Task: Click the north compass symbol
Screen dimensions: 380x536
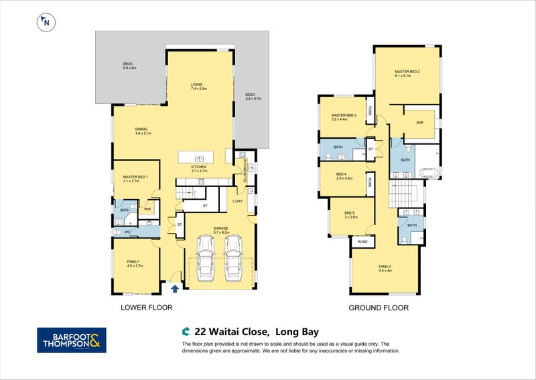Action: pos(46,22)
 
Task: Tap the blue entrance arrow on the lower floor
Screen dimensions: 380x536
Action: pos(175,289)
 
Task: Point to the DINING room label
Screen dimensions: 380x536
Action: pos(141,131)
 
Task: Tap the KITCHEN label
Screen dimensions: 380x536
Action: pos(200,168)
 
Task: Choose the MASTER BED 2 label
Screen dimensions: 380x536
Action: pos(407,73)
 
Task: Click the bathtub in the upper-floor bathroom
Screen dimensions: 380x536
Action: pos(427,175)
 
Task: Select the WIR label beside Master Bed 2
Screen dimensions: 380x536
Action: pos(419,123)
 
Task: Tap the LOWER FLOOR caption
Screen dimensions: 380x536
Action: pos(146,308)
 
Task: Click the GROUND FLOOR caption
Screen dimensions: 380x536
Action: pos(379,308)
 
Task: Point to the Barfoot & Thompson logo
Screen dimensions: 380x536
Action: pos(70,340)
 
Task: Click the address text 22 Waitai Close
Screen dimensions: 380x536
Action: pos(232,331)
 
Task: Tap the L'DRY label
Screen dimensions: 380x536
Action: pos(237,201)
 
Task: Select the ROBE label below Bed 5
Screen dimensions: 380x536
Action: pos(362,241)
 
